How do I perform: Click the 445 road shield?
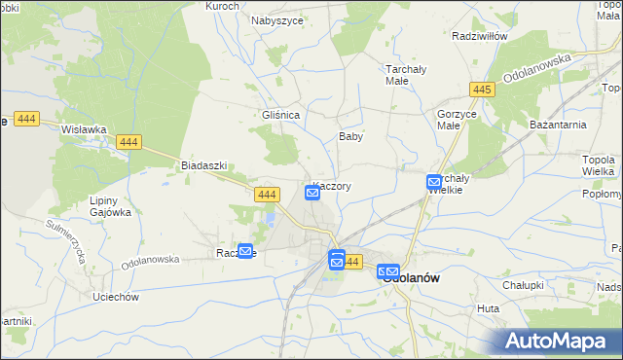[x=481, y=90]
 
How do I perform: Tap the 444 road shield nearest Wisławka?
[x=128, y=142]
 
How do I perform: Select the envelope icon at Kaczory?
[x=312, y=193]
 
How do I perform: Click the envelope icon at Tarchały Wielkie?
[x=434, y=182]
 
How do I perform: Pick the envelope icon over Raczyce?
[x=245, y=251]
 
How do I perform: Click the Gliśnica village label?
[x=280, y=114]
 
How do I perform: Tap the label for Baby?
[x=350, y=137]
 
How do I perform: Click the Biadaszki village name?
[x=203, y=165]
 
